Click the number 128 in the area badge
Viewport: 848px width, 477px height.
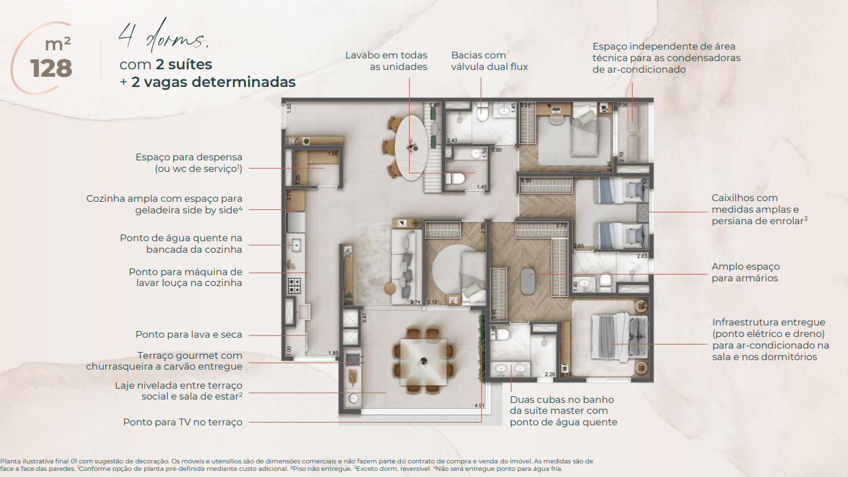(51, 68)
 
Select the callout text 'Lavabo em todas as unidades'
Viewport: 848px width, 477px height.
(386, 60)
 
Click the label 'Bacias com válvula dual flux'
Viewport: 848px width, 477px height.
(489, 60)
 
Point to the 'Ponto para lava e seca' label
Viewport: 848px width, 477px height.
(188, 334)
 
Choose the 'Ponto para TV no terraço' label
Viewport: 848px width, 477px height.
(182, 422)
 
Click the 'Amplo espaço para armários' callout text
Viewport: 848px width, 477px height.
(745, 272)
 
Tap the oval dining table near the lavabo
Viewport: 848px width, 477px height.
(412, 147)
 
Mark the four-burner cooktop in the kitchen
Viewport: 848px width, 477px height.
(294, 285)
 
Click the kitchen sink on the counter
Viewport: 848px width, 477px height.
(296, 245)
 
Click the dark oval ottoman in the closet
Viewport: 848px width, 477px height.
(529, 279)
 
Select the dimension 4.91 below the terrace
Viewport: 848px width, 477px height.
(480, 406)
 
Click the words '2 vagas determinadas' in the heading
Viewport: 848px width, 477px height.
(215, 82)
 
